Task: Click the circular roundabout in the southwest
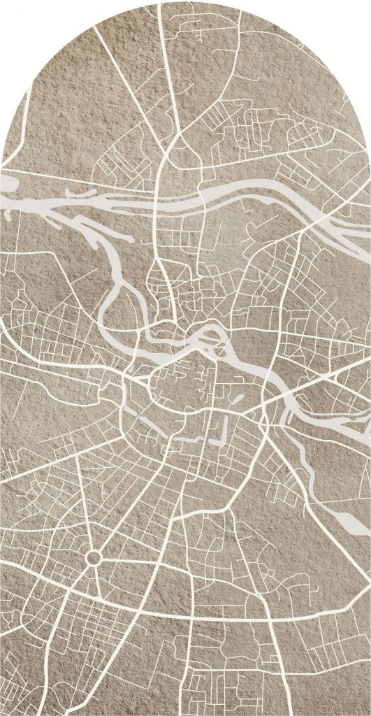point(93,557)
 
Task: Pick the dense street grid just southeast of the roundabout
point(119,615)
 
